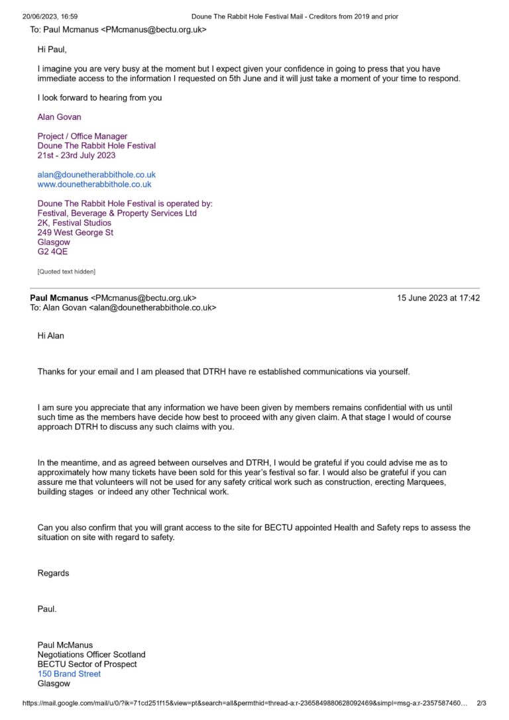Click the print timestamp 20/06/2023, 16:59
(50, 16)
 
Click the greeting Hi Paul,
(52, 50)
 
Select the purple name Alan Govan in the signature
(60, 117)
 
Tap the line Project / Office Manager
(82, 136)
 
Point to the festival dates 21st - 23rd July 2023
(76, 156)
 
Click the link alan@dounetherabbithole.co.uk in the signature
(97, 175)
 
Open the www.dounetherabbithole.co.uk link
(95, 185)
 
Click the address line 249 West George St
(76, 232)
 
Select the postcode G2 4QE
(52, 252)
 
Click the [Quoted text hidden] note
(66, 272)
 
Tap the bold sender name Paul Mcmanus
(59, 298)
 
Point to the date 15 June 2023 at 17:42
(438, 298)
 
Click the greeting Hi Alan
(51, 336)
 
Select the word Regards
(53, 573)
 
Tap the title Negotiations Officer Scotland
(91, 654)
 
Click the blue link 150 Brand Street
(70, 674)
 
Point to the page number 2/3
(482, 703)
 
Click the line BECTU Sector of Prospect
(87, 664)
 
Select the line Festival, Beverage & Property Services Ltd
(117, 213)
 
